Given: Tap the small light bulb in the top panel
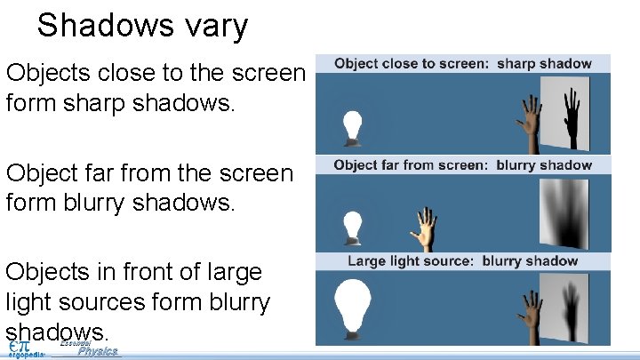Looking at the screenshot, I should click(x=354, y=127).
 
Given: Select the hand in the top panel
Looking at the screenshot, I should click(x=532, y=121).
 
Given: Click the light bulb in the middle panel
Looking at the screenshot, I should click(x=354, y=225).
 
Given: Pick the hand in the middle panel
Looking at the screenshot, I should click(x=425, y=228).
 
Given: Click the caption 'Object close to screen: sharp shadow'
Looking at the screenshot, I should click(x=462, y=63).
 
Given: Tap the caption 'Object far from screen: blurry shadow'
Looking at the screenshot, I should click(x=462, y=164).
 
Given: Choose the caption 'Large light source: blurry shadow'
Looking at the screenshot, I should click(x=462, y=261).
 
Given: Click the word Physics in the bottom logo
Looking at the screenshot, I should click(x=98, y=351).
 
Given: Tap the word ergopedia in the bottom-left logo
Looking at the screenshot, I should click(x=27, y=354).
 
